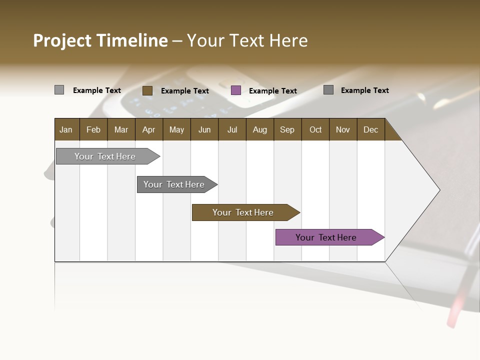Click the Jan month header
click(x=66, y=129)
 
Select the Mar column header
click(x=121, y=129)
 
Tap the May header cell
click(x=176, y=129)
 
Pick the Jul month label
click(x=232, y=129)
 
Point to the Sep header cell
click(x=287, y=129)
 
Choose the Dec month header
click(x=370, y=129)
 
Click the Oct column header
click(x=315, y=129)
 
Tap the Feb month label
click(x=93, y=129)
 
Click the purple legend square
click(x=236, y=90)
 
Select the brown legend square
click(x=147, y=90)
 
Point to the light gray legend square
click(x=59, y=90)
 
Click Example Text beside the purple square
click(x=272, y=91)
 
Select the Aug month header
click(x=259, y=129)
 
